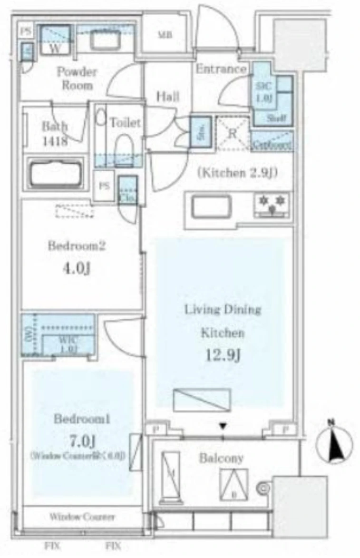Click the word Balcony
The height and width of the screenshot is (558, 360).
pos(221,459)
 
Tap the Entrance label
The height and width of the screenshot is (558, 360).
pos(221,69)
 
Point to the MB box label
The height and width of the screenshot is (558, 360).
pos(165,35)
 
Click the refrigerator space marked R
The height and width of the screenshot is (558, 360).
pos(233,134)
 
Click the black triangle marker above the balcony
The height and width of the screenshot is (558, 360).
pos(222,426)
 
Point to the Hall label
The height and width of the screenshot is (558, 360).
pos(168,97)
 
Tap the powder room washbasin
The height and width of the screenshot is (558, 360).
pos(106,39)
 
